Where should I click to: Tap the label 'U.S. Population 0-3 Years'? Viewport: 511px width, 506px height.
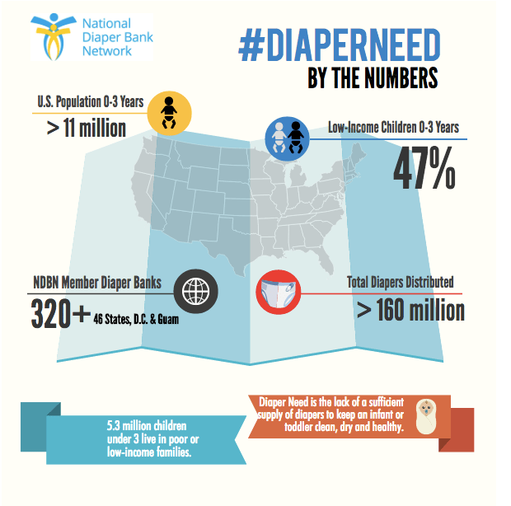pyautogui.click(x=91, y=103)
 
